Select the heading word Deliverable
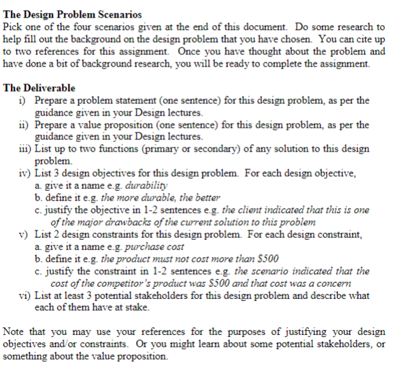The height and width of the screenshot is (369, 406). coord(50,88)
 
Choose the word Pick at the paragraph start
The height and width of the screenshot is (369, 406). coord(14,27)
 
